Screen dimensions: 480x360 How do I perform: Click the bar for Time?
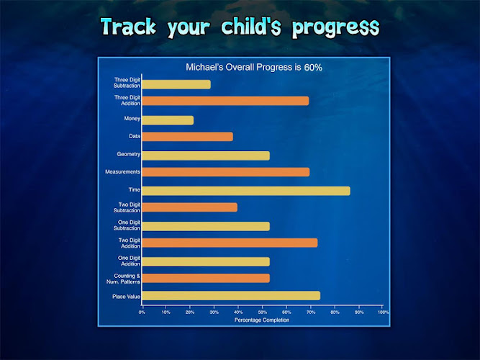[246, 191]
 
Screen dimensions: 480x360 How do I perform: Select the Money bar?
[168, 120]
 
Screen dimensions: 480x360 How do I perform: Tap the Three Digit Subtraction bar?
[176, 84]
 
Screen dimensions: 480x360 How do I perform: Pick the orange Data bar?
[187, 137]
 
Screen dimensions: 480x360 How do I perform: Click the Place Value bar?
[231, 296]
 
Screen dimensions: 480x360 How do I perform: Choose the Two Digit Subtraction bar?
[189, 207]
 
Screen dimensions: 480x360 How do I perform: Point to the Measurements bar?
[226, 172]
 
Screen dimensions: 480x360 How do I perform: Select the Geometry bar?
[206, 156]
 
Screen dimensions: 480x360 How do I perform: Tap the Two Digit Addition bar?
[230, 243]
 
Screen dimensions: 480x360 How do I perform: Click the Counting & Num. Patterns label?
[123, 279]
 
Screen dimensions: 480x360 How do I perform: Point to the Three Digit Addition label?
[127, 101]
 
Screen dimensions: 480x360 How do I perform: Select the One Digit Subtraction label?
[127, 225]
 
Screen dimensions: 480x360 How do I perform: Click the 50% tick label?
[263, 312]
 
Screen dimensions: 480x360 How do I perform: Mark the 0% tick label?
[142, 312]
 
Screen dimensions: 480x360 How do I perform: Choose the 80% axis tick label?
[335, 312]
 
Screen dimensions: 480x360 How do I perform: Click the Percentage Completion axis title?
[262, 320]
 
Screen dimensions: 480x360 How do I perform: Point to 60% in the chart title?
[313, 68]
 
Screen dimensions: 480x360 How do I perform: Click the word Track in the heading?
[128, 27]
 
